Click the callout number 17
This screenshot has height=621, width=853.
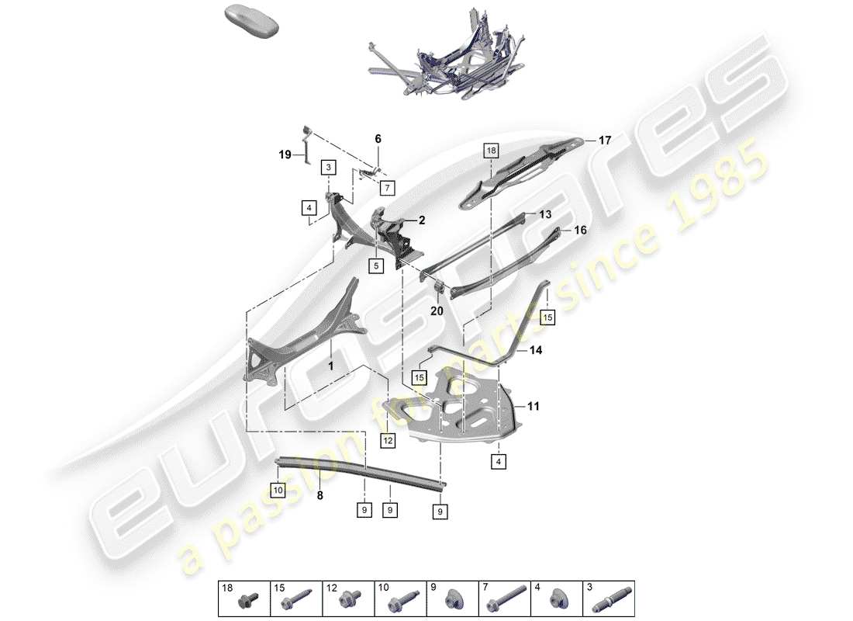tap(605, 141)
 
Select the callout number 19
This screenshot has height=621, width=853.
tap(285, 154)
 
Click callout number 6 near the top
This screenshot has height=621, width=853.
tap(378, 139)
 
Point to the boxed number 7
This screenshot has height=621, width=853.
tap(387, 187)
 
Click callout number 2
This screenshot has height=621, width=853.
tap(422, 220)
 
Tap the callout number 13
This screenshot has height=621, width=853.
tap(545, 213)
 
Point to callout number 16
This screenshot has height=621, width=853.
tap(580, 231)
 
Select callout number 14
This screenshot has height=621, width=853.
tap(536, 351)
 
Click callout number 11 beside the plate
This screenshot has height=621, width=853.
tap(534, 405)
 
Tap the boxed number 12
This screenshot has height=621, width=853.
tap(388, 441)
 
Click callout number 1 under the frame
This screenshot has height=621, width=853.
tap(330, 365)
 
